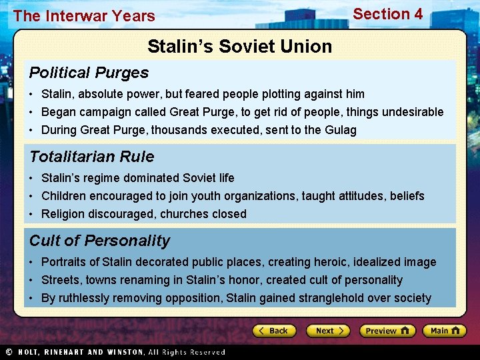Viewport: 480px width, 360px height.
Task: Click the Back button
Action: (273, 331)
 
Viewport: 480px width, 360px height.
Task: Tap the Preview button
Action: (387, 331)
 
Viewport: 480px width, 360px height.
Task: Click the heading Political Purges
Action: (89, 72)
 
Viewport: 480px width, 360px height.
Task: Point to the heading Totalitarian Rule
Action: (91, 157)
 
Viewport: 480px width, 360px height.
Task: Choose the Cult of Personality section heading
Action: (99, 241)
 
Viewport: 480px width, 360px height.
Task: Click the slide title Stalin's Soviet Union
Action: (239, 47)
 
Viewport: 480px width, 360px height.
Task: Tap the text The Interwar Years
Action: (84, 16)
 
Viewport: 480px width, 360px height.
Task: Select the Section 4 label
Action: (387, 14)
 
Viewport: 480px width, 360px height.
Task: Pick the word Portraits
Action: (65, 262)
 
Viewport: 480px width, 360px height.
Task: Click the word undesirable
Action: (411, 112)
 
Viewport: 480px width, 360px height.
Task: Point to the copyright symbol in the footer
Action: (9, 352)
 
